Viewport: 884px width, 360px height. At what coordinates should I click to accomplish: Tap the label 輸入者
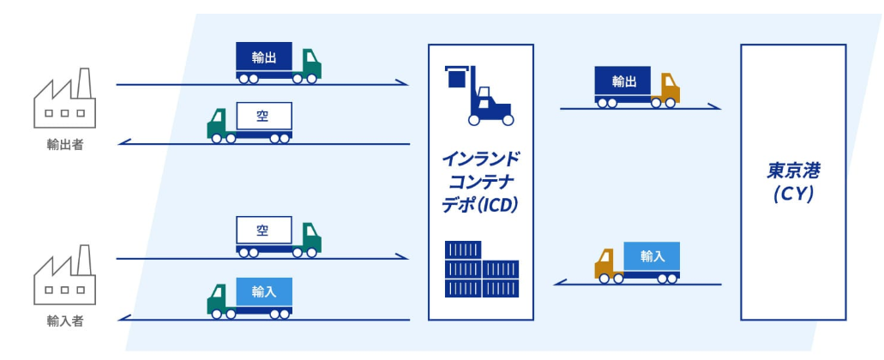pyautogui.click(x=65, y=321)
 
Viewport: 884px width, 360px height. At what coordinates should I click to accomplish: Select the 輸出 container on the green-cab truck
pyautogui.click(x=263, y=57)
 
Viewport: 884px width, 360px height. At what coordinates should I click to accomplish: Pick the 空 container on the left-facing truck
pyautogui.click(x=263, y=117)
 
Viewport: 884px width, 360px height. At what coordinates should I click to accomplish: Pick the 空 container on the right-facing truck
pyautogui.click(x=263, y=231)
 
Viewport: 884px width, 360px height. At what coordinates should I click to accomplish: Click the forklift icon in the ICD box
pyautogui.click(x=478, y=93)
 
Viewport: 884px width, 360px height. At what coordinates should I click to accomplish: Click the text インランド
pyautogui.click(x=481, y=159)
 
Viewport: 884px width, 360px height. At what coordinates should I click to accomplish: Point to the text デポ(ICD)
pyautogui.click(x=481, y=206)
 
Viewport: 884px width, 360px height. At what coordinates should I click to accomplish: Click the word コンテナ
pyautogui.click(x=481, y=183)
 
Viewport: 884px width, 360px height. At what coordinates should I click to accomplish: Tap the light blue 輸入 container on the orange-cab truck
pyautogui.click(x=652, y=255)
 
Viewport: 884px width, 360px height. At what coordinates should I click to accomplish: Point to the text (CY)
pyautogui.click(x=792, y=195)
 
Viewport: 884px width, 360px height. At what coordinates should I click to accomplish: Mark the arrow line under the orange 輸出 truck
pyautogui.click(x=639, y=109)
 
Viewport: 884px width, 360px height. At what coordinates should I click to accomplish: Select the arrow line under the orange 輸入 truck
pyautogui.click(x=639, y=284)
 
